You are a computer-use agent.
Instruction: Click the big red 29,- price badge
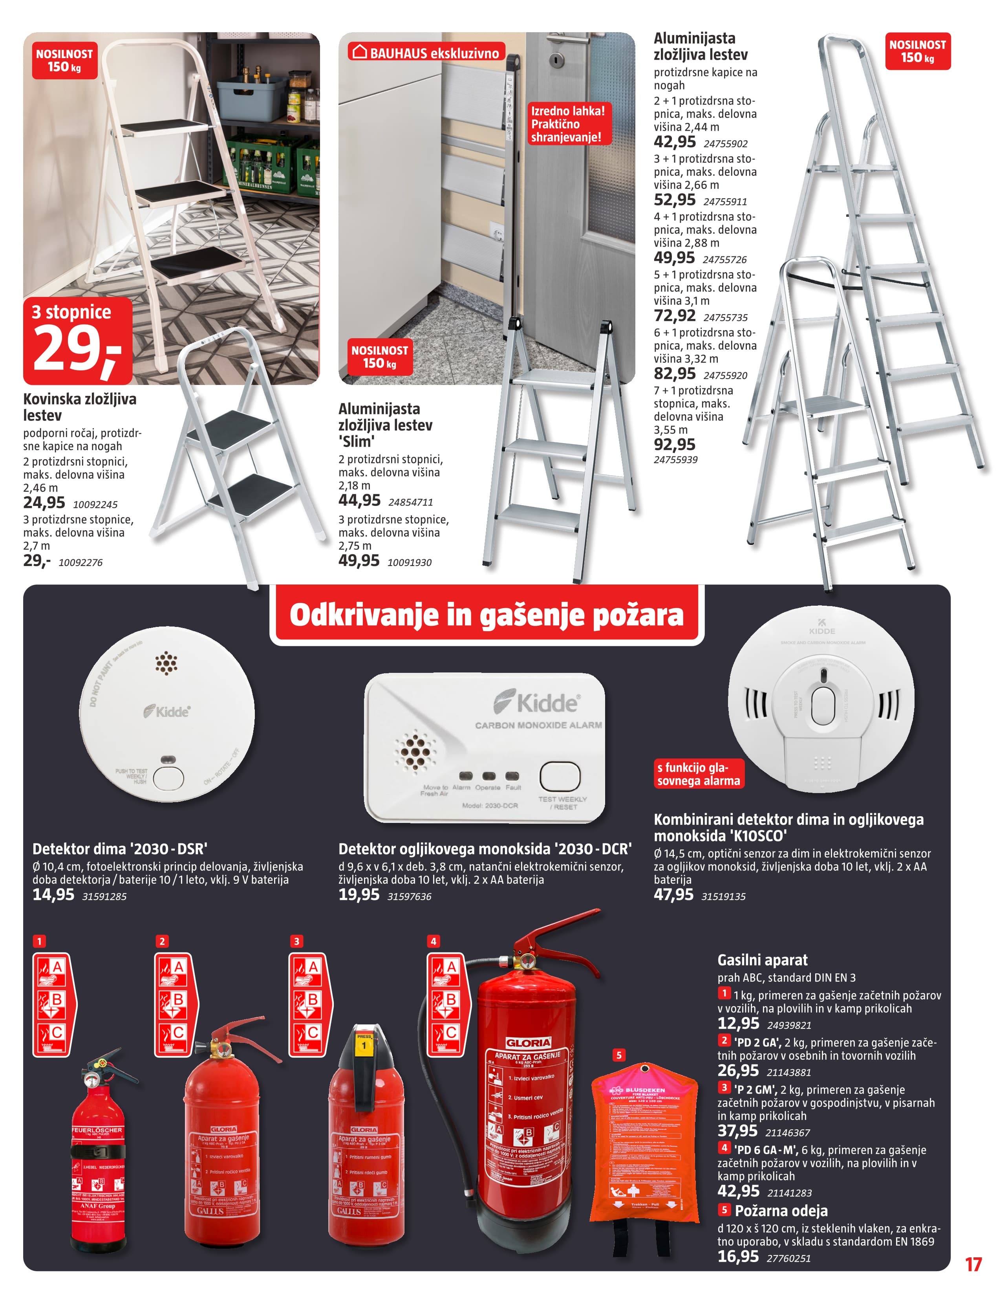click(x=77, y=341)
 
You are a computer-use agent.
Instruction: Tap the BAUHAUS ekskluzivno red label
click(x=427, y=53)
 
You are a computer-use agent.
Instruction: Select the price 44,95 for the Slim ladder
click(x=359, y=500)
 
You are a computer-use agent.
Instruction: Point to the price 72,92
click(x=674, y=316)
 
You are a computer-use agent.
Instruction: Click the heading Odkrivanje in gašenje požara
click(x=486, y=615)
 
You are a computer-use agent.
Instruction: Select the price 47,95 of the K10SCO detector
click(x=673, y=895)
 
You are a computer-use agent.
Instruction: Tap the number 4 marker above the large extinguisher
click(x=433, y=941)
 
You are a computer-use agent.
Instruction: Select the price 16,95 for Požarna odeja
click(x=738, y=1256)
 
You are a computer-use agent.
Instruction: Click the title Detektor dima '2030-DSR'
click(x=120, y=848)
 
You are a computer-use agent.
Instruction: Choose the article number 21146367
click(x=788, y=1133)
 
